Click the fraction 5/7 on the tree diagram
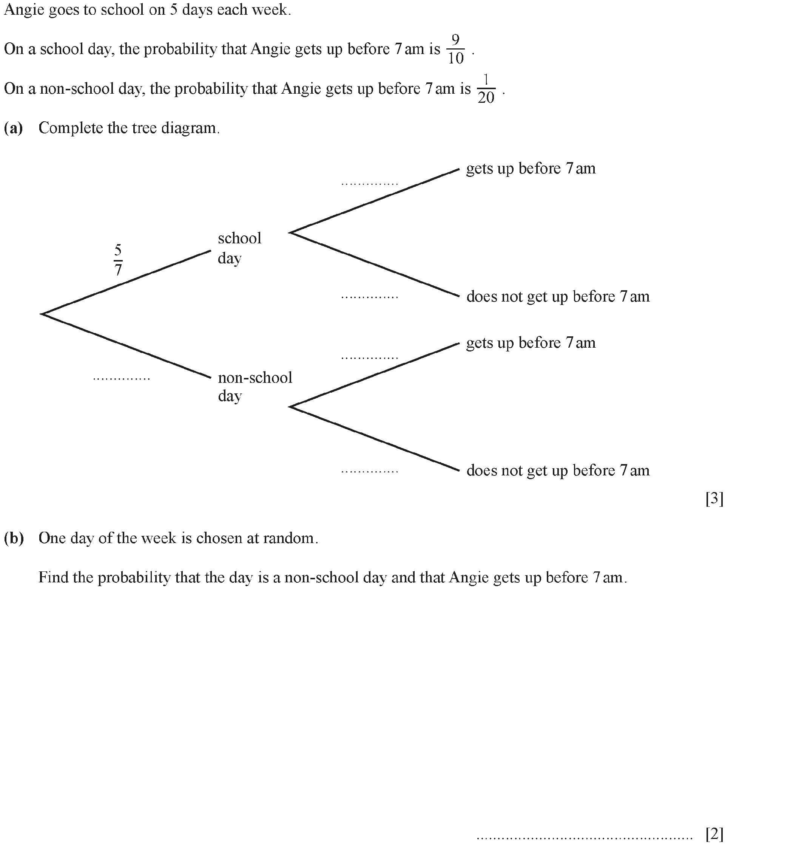[x=118, y=259]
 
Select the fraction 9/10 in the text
[x=455, y=49]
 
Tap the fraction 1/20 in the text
[x=486, y=89]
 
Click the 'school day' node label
[x=239, y=248]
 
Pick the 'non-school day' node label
[x=255, y=386]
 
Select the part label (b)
[x=14, y=538]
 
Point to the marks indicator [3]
[x=714, y=498]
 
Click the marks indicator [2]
[x=714, y=834]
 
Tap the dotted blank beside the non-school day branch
[x=122, y=378]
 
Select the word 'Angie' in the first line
[x=24, y=10]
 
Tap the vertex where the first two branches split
[x=42, y=314]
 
